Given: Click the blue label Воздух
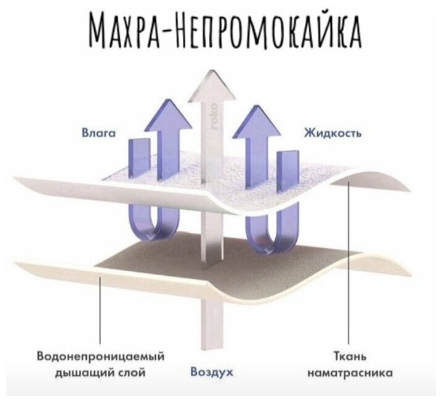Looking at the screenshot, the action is pos(212,372).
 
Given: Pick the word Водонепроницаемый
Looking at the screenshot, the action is pos(103,356).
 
